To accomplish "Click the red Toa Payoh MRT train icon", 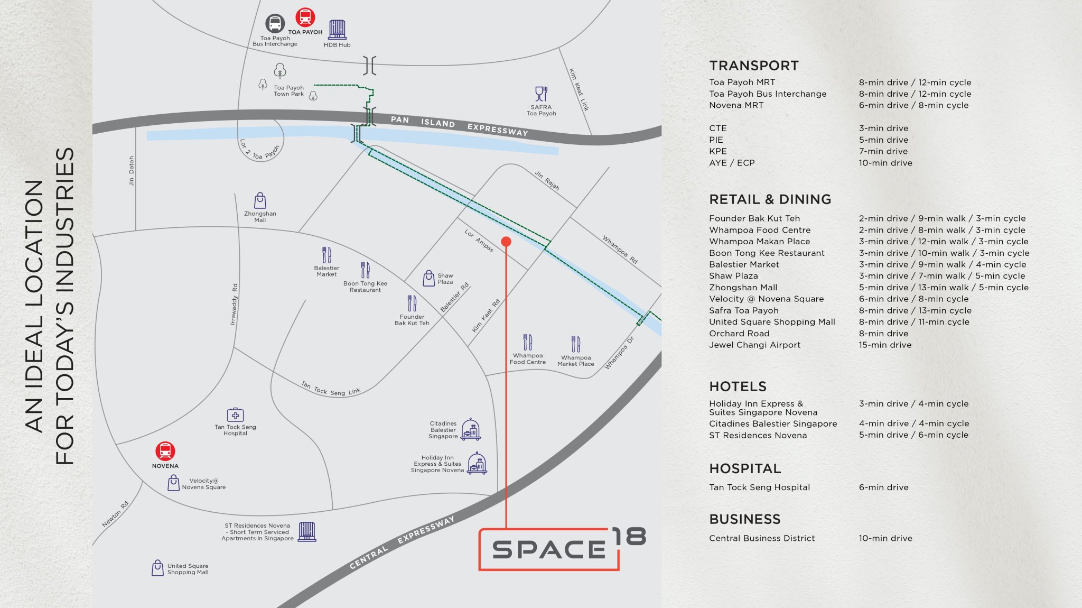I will (305, 17).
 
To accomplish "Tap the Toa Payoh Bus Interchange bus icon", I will (275, 23).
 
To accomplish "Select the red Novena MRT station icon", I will (165, 451).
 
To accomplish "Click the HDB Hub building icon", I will (337, 30).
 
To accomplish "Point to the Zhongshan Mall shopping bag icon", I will (260, 200).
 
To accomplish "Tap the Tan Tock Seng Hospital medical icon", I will (235, 415).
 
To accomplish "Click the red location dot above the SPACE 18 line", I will (506, 242).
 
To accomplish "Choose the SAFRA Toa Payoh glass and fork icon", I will (541, 94).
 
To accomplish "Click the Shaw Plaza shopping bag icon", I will (429, 278).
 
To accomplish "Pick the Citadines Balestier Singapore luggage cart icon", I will (470, 429).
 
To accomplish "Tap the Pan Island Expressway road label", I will (459, 125).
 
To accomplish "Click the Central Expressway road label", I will (402, 542).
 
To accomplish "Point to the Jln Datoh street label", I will (132, 171).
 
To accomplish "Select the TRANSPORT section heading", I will (753, 66).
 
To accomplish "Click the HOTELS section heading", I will (738, 386).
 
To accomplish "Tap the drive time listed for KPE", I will (883, 151).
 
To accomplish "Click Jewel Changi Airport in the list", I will (754, 345).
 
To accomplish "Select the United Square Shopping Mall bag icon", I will (157, 568).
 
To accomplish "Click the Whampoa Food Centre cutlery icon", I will (527, 342).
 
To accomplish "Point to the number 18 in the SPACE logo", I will (629, 537).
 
